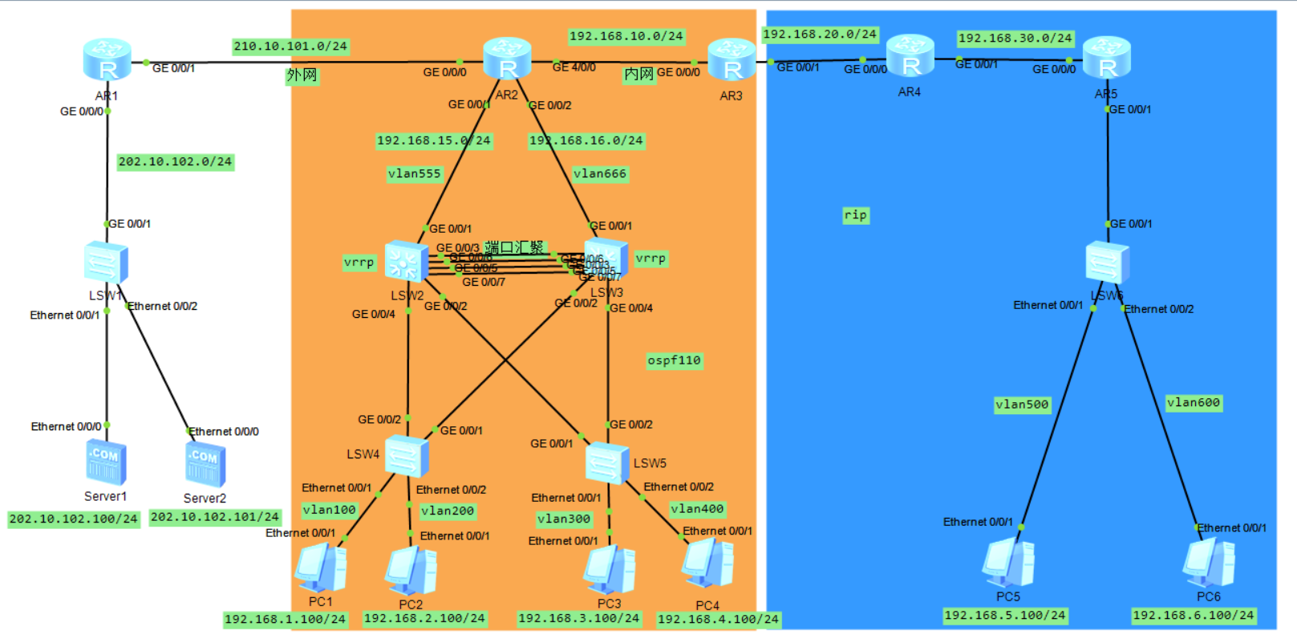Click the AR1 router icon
click(107, 60)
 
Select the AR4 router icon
click(910, 57)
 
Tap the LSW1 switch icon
click(106, 262)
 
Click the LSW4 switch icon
click(407, 456)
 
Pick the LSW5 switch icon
click(606, 463)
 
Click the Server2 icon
click(205, 465)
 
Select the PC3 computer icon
click(610, 569)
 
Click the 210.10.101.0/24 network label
click(290, 47)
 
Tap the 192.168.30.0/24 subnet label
click(1015, 39)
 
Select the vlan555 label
click(414, 173)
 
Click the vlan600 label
click(1194, 403)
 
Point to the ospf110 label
click(675, 360)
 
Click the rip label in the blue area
click(856, 215)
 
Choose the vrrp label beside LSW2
click(359, 262)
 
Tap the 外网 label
click(302, 75)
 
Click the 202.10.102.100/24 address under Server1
click(73, 519)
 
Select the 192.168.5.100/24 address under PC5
click(1005, 616)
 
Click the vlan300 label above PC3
click(564, 519)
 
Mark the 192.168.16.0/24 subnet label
click(586, 140)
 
